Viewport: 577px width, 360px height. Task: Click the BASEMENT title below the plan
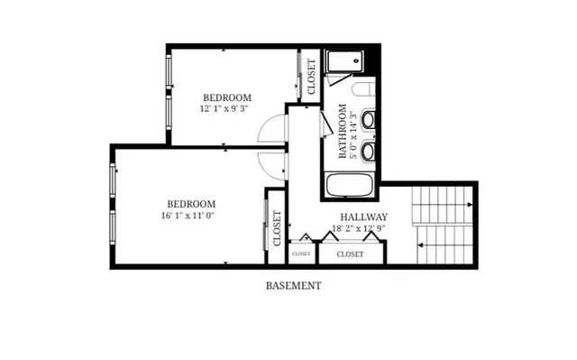(293, 286)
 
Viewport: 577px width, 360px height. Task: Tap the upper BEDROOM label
(226, 97)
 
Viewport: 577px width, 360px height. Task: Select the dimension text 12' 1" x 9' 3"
(224, 108)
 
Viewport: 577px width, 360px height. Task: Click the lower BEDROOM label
(191, 204)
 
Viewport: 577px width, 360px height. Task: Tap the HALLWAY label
(363, 217)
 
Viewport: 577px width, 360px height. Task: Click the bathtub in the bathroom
(350, 188)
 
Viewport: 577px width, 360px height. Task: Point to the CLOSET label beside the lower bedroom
(277, 228)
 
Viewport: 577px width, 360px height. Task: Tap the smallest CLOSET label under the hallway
(301, 254)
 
